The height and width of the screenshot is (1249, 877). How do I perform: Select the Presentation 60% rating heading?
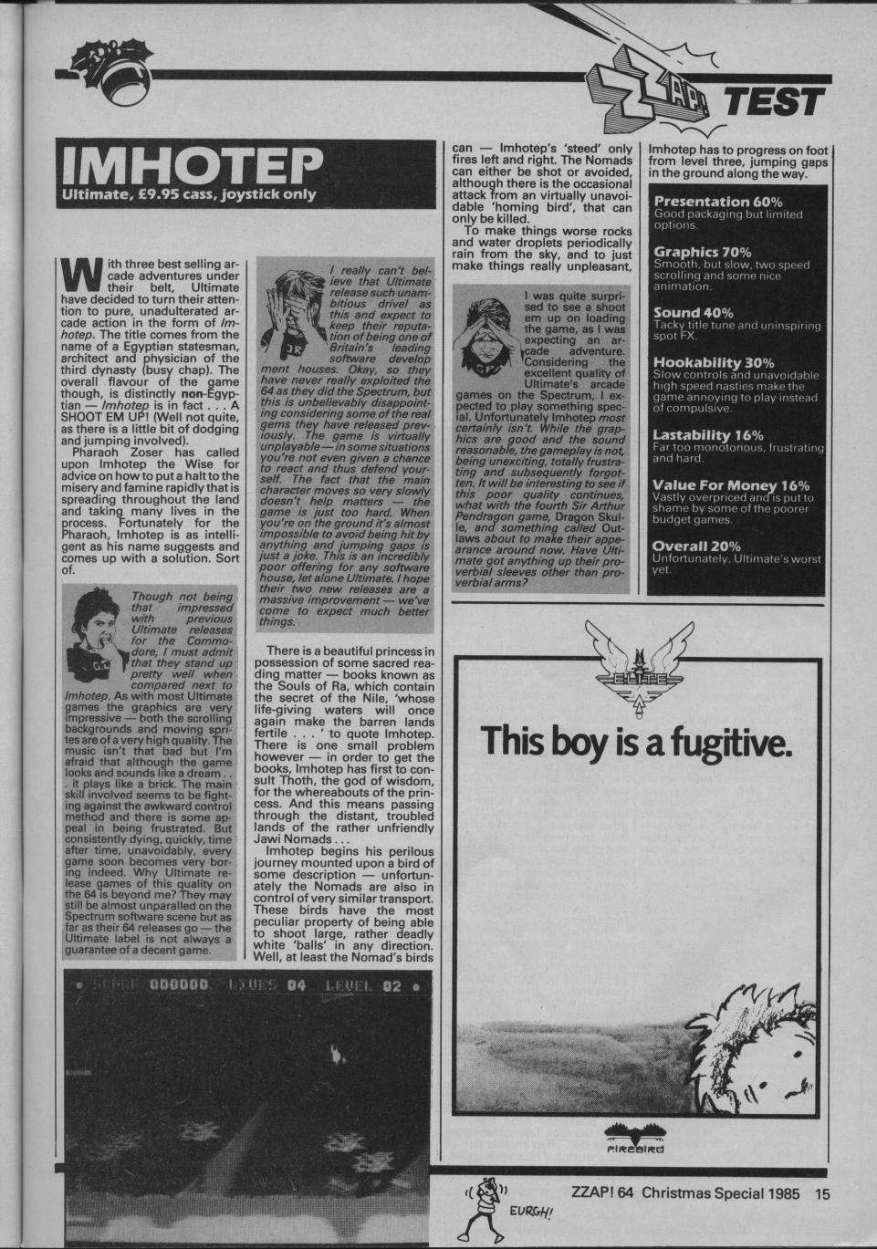coord(718,201)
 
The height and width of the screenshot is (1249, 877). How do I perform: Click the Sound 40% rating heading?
coord(694,312)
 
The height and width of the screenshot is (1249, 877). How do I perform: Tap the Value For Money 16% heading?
coord(726,485)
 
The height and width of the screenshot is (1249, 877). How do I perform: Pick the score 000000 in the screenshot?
coord(181,985)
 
